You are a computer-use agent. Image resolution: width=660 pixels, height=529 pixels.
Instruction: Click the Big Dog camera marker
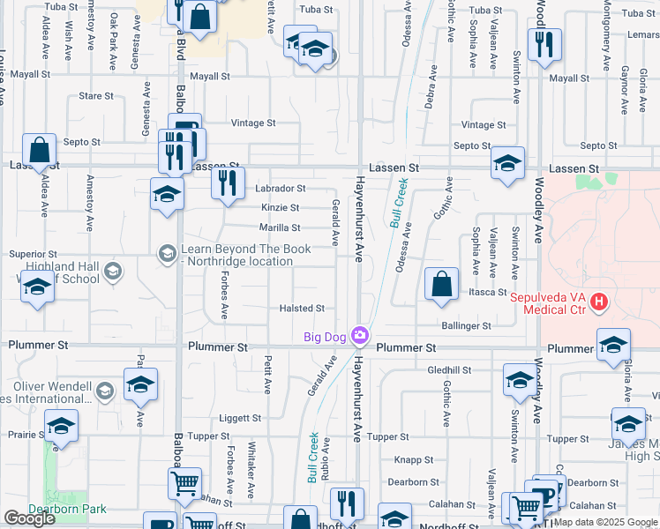pyautogui.click(x=359, y=335)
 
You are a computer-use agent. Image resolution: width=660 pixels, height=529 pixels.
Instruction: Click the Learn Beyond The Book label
pyautogui.click(x=245, y=255)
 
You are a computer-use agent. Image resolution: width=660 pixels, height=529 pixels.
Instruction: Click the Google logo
pyautogui.click(x=28, y=518)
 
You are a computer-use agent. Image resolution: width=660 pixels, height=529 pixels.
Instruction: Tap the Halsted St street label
pyautogui.click(x=302, y=309)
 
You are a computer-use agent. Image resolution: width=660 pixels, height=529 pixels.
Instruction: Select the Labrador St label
pyautogui.click(x=280, y=189)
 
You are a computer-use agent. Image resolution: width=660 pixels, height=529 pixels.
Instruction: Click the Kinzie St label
pyautogui.click(x=280, y=208)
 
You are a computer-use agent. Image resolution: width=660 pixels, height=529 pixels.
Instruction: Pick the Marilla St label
pyautogui.click(x=280, y=227)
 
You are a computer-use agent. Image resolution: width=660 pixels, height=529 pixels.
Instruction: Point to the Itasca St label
pyautogui.click(x=487, y=292)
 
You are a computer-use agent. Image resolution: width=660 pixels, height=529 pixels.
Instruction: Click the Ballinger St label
pyautogui.click(x=468, y=326)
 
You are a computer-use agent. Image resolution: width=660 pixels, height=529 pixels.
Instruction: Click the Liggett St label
pyautogui.click(x=240, y=418)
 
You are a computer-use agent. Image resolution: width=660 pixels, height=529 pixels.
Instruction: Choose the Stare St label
pyautogui.click(x=96, y=96)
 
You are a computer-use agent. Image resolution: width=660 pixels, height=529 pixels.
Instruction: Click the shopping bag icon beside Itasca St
pyautogui.click(x=441, y=285)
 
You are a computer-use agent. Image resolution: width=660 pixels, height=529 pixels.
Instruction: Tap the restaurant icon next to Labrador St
pyautogui.click(x=228, y=183)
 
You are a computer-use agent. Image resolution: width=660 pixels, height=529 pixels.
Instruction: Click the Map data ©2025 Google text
pyautogui.click(x=605, y=522)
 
